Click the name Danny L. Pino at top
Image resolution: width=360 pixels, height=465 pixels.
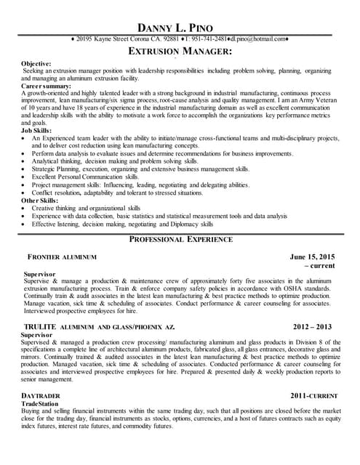pos(180,9)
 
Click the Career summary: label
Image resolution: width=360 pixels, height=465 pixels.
pos(45,86)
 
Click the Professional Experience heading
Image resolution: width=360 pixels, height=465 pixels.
pos(180,239)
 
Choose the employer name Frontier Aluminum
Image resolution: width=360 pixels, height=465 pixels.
pos(62,257)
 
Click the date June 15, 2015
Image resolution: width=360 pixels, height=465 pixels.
pos(312,256)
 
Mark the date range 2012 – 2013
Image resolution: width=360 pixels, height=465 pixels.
pos(313,327)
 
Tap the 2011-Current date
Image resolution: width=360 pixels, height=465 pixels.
pos(313,395)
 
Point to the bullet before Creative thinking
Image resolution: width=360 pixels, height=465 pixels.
pos(26,208)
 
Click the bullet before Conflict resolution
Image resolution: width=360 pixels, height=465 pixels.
pos(26,193)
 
